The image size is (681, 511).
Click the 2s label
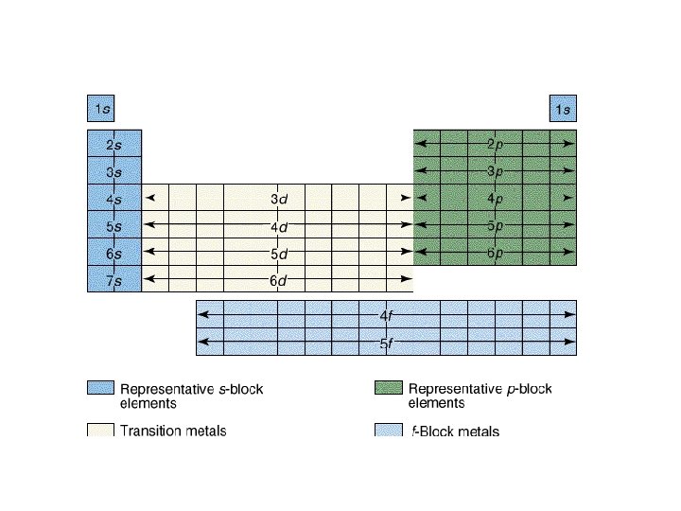click(x=113, y=145)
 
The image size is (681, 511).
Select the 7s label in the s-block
click(x=113, y=281)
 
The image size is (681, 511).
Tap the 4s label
click(x=113, y=200)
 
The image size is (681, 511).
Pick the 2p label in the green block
click(x=495, y=145)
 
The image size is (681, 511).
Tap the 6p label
click(x=495, y=254)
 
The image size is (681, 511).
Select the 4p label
click(x=495, y=200)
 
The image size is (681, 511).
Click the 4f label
click(x=386, y=315)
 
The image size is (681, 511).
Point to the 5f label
click(x=386, y=344)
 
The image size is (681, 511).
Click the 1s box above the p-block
click(x=563, y=110)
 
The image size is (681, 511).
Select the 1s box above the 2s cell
click(x=100, y=110)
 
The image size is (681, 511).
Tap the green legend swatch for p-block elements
click(x=388, y=389)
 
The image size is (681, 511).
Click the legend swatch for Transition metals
click(x=100, y=431)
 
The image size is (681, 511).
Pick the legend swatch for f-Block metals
click(x=388, y=431)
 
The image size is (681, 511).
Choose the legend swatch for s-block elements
click(x=100, y=389)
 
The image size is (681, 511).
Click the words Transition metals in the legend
click(x=173, y=432)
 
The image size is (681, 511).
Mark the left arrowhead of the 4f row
click(x=201, y=315)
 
